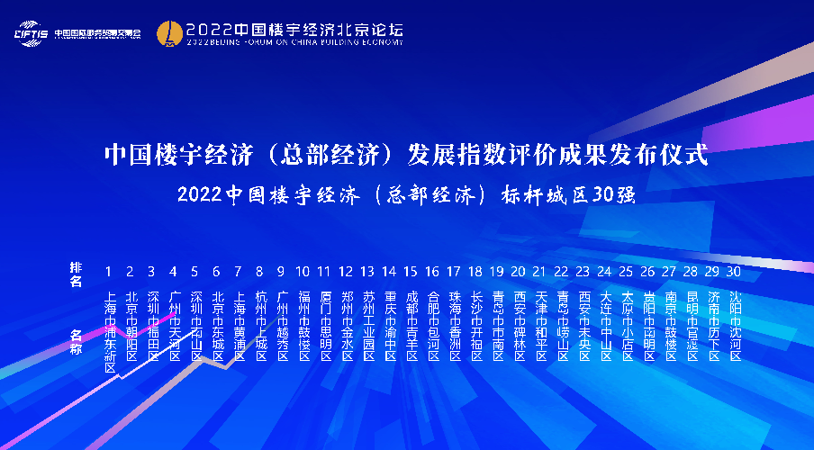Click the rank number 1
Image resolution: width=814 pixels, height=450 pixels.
click(x=109, y=271)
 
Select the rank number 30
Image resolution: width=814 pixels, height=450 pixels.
click(x=735, y=271)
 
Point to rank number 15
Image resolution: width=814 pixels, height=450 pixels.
click(x=411, y=271)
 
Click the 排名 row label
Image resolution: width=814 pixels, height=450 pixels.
click(x=76, y=274)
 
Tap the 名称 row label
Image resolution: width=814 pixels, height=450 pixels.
click(x=76, y=343)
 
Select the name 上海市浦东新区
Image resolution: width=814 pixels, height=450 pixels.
click(x=110, y=326)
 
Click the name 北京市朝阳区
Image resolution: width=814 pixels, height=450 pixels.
click(x=131, y=320)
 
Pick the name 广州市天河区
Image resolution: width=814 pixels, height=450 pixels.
click(x=175, y=320)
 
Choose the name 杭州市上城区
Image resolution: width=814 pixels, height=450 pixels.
click(x=260, y=320)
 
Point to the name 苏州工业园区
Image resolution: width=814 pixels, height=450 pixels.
click(x=367, y=320)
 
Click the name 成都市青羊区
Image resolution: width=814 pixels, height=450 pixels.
click(x=411, y=320)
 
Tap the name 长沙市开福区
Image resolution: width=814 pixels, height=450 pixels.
click(x=475, y=320)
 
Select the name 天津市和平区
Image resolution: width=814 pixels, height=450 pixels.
click(x=540, y=320)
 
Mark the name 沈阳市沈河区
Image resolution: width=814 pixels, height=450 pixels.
click(x=735, y=320)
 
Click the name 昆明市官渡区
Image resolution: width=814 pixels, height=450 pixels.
click(x=692, y=320)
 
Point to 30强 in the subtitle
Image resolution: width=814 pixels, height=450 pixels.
click(x=618, y=195)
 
